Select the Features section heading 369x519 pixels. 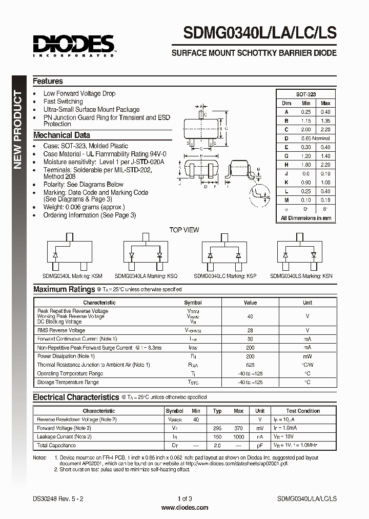click(x=48, y=81)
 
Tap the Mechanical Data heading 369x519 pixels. click(x=61, y=135)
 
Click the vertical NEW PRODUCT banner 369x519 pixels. click(x=17, y=129)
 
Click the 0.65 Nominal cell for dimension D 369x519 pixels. click(x=315, y=138)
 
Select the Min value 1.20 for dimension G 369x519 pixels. click(x=306, y=156)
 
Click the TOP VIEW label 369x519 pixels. click(x=184, y=230)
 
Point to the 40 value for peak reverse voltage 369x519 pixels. click(x=250, y=316)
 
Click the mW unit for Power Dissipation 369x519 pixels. click(x=307, y=356)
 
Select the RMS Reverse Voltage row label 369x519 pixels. click(x=61, y=331)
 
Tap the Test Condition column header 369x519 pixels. click(x=303, y=411)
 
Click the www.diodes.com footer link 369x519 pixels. click(x=184, y=508)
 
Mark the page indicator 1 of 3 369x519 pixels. click(x=184, y=498)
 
